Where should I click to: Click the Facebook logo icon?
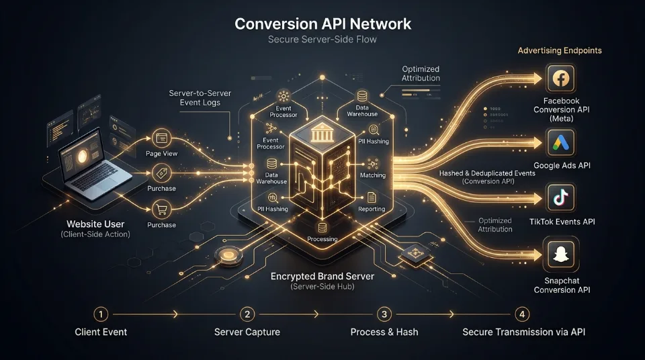point(560,78)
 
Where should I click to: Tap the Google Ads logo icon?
point(560,143)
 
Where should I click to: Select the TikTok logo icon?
point(560,198)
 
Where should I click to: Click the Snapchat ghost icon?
point(560,255)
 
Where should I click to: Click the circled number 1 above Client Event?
point(101,314)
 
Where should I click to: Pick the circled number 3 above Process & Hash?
point(384,314)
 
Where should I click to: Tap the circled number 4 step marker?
point(522,314)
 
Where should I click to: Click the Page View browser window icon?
point(162,138)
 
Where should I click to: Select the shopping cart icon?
point(162,210)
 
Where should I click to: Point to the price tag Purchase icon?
point(162,173)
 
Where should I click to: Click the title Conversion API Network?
point(323,24)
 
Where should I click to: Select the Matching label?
point(373,175)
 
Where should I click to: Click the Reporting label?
point(372,209)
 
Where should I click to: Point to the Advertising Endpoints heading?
point(560,50)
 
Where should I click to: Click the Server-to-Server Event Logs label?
point(200,98)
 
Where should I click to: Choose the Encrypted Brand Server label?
point(322,277)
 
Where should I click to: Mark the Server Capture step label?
point(247,332)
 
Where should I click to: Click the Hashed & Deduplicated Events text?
point(488,173)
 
